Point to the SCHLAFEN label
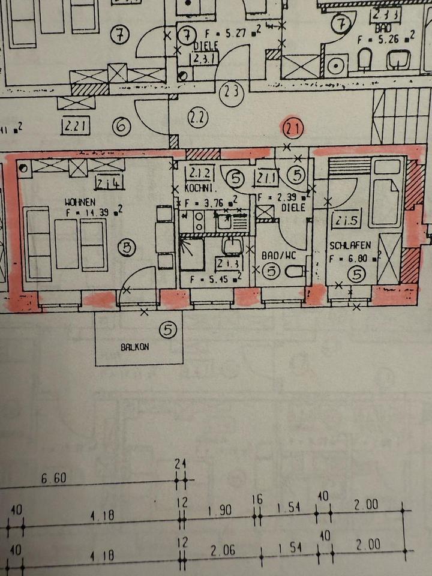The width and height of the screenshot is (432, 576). (350, 245)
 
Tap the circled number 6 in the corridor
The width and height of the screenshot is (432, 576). (122, 127)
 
